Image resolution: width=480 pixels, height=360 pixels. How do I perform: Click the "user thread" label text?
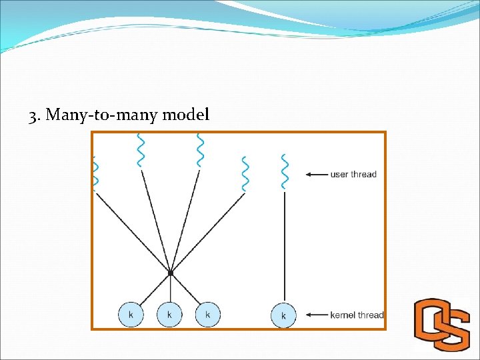(x=353, y=175)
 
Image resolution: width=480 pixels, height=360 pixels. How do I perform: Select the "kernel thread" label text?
(x=357, y=315)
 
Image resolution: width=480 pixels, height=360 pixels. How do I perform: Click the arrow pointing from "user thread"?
(x=316, y=175)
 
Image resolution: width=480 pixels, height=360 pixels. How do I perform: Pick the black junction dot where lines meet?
(x=171, y=273)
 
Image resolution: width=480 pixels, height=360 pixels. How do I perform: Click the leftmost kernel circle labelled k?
(x=131, y=314)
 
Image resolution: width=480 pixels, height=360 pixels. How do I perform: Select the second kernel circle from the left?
(x=169, y=314)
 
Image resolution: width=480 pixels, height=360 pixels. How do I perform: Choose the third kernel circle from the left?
(x=208, y=314)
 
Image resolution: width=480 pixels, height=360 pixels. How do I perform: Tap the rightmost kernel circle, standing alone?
(x=284, y=315)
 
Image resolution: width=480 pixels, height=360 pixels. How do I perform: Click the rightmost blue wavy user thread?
(x=285, y=171)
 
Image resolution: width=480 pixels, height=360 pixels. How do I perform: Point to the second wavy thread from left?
(x=140, y=150)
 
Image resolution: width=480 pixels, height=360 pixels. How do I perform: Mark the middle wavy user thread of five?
(x=199, y=150)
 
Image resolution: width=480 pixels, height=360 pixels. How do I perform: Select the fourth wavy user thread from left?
(x=245, y=173)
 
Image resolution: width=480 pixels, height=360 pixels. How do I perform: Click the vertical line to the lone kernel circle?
(x=285, y=247)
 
